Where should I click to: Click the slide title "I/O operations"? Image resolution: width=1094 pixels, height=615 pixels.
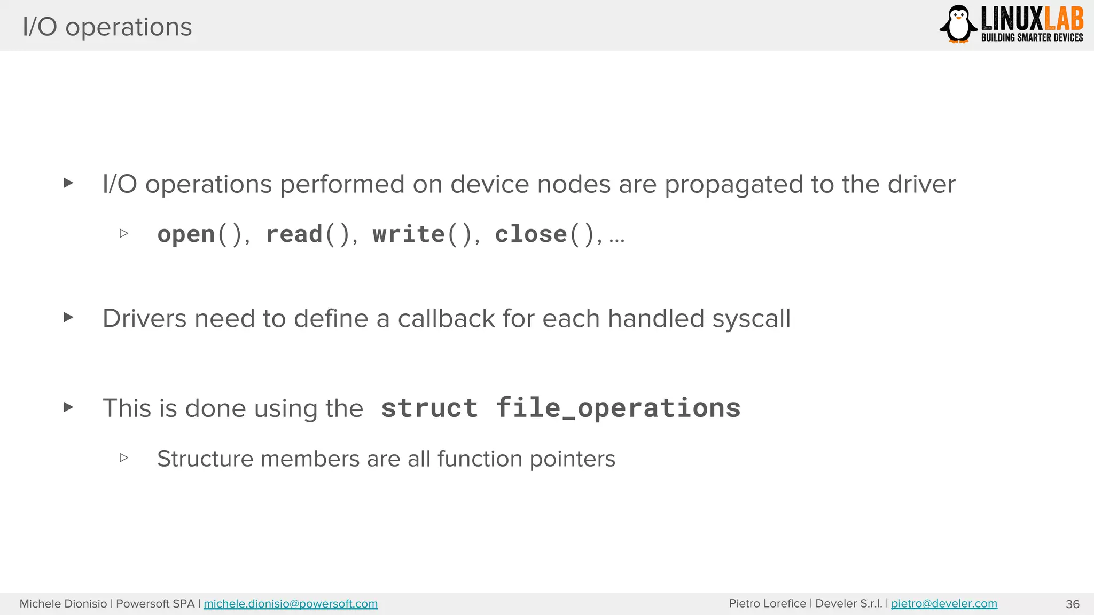[107, 27]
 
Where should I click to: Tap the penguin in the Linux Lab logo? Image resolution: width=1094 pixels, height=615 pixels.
[958, 24]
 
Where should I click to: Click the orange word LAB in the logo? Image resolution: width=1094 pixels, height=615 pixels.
[1064, 19]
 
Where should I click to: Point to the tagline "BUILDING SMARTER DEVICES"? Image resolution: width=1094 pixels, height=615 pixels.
[1032, 37]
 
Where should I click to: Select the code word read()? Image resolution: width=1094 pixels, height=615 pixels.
[308, 234]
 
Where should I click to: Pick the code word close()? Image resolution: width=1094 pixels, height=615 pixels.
[545, 234]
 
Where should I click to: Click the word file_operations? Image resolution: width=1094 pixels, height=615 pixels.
[618, 408]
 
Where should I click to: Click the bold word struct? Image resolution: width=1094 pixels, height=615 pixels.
[429, 408]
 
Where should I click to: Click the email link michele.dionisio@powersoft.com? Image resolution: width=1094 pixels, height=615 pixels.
[290, 604]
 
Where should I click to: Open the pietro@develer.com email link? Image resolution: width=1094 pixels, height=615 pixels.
[943, 603]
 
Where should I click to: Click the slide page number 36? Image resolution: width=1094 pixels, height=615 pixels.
[1072, 604]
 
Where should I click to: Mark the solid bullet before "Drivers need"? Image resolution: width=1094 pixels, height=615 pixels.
[68, 317]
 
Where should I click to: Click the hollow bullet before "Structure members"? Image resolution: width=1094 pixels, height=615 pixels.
[124, 458]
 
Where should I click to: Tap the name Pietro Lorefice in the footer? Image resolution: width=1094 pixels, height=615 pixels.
[767, 603]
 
